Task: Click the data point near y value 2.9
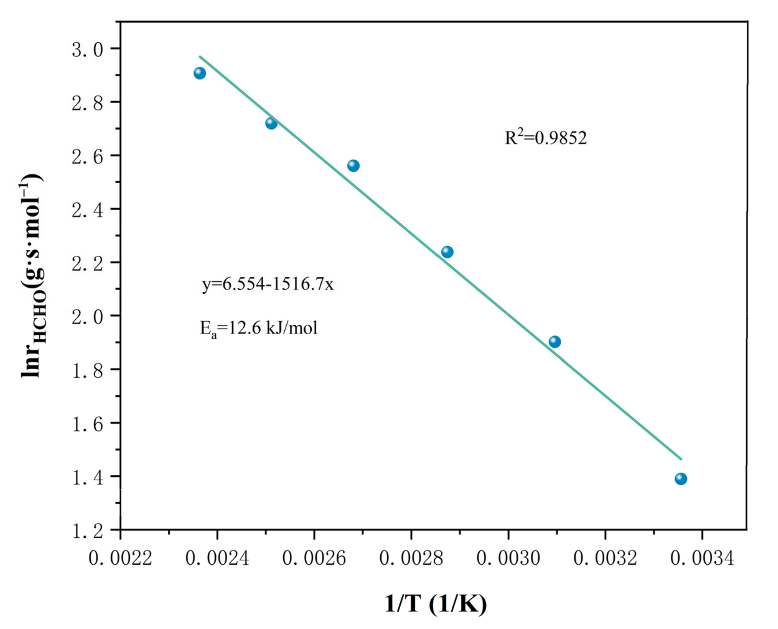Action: point(200,73)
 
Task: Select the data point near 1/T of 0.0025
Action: point(271,124)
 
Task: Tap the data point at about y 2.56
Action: point(353,166)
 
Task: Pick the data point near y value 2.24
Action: point(447,252)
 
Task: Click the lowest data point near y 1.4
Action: point(681,479)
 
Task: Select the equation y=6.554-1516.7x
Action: point(268,284)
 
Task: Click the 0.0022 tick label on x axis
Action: point(120,558)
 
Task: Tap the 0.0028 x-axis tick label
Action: point(411,558)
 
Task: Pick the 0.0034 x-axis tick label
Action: point(702,558)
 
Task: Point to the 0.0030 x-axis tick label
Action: point(508,558)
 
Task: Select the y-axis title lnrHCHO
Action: point(33,276)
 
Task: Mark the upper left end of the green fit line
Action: point(200,57)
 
